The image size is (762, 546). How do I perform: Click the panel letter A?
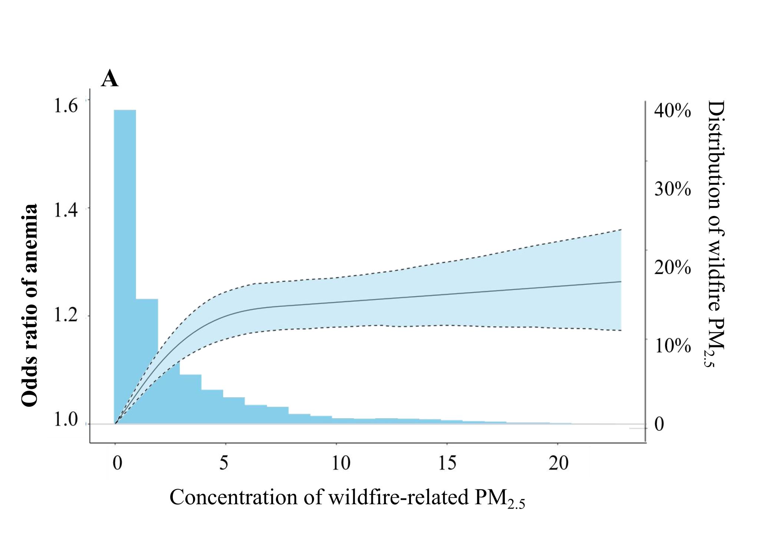tap(110, 79)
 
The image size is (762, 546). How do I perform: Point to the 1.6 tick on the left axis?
tap(66, 106)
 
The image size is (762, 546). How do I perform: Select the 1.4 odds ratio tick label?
tap(66, 210)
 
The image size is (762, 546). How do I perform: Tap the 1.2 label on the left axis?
tap(66, 315)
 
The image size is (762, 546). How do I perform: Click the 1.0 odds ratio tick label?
tap(66, 420)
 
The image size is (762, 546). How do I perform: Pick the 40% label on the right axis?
tap(672, 110)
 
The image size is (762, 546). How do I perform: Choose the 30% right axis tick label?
tap(672, 189)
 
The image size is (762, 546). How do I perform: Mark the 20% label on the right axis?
tap(672, 267)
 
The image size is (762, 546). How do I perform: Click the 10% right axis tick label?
tap(672, 346)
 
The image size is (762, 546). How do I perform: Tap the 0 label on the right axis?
tap(659, 425)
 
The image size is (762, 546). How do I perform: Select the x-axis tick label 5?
tap(223, 463)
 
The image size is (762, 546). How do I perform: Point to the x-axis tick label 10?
tap(341, 463)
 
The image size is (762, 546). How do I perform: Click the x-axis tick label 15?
tap(447, 463)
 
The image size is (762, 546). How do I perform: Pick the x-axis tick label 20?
tap(558, 463)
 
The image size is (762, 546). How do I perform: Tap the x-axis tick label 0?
tap(117, 463)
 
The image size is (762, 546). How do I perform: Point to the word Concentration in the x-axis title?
tap(233, 497)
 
